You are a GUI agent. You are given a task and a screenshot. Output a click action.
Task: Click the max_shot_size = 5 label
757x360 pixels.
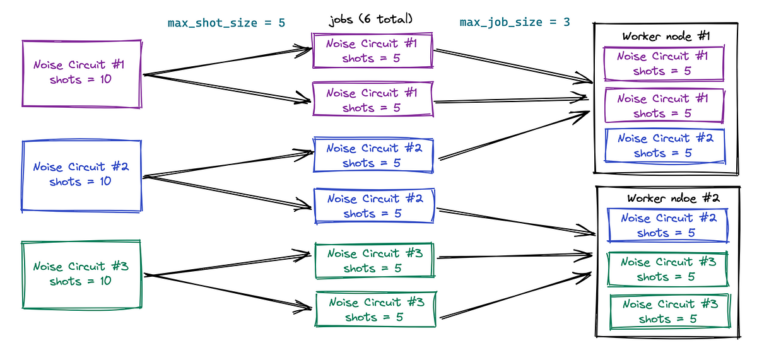tap(226, 23)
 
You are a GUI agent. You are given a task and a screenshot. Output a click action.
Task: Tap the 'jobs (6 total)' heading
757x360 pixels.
tap(370, 19)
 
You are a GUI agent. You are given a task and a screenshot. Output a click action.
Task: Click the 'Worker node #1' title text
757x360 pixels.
tap(665, 36)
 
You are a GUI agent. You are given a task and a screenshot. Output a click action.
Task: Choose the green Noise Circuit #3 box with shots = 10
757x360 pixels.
tap(81, 274)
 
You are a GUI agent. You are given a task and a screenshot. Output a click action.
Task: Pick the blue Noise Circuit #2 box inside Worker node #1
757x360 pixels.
tap(664, 146)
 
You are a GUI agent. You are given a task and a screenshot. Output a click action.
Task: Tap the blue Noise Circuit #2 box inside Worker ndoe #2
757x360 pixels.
tap(667, 225)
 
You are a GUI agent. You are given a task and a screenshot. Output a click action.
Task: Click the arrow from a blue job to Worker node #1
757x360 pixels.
tap(514, 136)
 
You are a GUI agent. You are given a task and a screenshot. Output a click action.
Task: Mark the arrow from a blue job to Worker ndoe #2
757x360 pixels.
tap(514, 221)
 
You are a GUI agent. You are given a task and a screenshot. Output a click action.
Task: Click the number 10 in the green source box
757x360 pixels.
tap(104, 281)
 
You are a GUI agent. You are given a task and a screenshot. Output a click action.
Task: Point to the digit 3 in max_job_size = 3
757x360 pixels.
tap(566, 23)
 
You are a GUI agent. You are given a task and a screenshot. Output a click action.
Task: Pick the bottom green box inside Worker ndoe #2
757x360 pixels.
tap(669, 311)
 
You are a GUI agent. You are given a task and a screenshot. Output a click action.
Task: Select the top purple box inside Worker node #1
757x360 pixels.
tap(663, 63)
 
